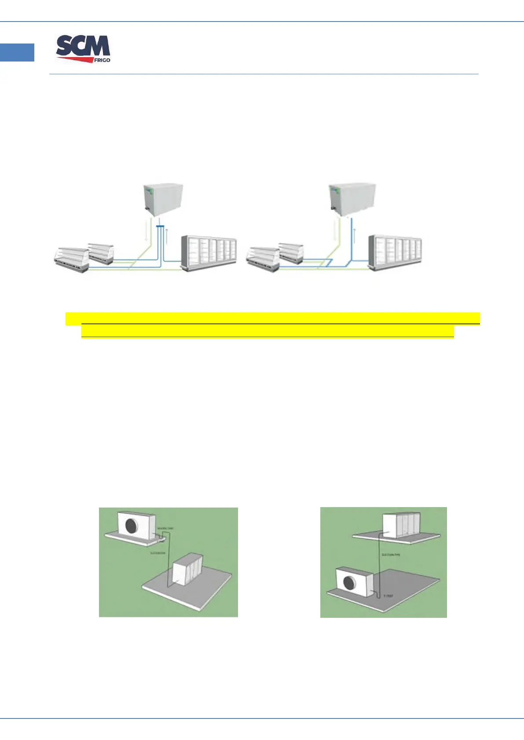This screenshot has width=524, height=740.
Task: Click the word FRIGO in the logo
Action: click(x=102, y=60)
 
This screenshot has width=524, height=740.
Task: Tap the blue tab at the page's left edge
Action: click(x=17, y=52)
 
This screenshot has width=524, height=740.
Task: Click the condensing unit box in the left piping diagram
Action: click(x=163, y=200)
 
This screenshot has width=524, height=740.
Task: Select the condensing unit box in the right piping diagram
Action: click(x=352, y=199)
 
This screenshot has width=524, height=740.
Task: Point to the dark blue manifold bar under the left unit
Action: click(x=160, y=227)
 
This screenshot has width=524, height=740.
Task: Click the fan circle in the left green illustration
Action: click(x=132, y=526)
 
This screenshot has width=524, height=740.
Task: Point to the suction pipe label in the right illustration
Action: click(x=391, y=555)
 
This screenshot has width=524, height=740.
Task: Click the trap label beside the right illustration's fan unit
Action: click(x=388, y=596)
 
